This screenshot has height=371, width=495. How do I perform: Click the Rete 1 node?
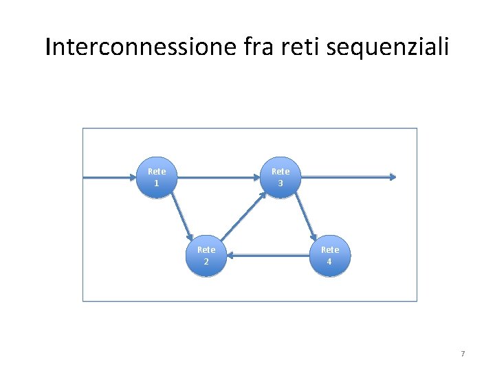[156, 178]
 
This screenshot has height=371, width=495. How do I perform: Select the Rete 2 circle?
[206, 256]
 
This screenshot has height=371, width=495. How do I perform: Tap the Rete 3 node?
[280, 178]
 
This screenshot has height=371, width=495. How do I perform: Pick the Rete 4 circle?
[329, 256]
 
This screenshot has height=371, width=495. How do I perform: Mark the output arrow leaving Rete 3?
[347, 177]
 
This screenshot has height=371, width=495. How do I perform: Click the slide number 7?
[463, 354]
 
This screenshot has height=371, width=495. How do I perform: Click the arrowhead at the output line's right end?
[393, 177]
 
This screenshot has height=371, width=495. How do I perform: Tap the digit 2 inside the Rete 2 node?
[206, 262]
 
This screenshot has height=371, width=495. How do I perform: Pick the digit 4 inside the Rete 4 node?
[329, 262]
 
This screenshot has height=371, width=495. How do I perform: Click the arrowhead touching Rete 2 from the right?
[231, 257]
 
